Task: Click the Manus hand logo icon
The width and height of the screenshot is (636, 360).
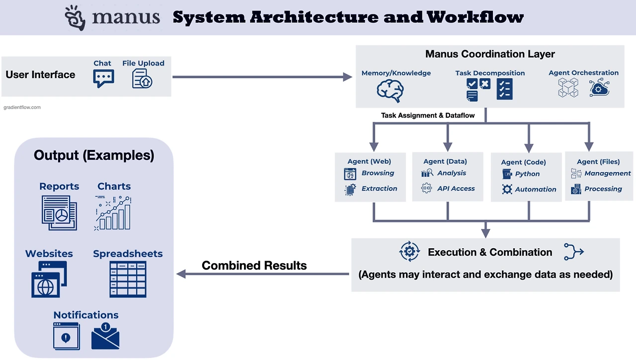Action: coord(75,18)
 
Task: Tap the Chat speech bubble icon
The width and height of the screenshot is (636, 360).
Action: coord(103,78)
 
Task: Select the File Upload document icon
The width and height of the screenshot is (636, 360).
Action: coord(142,78)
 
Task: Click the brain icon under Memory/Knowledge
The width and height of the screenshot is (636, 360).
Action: coord(390,90)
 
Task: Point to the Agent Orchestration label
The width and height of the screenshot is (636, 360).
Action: coord(583,73)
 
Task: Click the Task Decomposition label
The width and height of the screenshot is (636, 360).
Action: coord(490,73)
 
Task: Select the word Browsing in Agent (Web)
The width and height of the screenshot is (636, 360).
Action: coord(378,173)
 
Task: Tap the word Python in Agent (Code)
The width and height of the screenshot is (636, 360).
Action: coord(527,174)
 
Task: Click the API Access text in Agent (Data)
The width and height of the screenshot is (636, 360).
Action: coord(456,189)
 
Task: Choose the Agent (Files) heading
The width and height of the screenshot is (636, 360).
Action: coord(598,162)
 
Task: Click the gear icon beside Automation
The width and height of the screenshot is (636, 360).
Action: coord(507,189)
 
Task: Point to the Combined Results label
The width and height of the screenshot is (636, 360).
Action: coord(254,266)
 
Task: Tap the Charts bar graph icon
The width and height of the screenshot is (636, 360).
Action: coord(113,214)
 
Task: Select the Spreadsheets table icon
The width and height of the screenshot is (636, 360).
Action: coord(128,279)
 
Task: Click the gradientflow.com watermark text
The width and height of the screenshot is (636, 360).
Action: coord(22,107)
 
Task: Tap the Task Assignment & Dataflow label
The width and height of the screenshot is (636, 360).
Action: coord(428,115)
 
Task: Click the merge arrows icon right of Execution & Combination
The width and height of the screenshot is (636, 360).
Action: coord(573,252)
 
